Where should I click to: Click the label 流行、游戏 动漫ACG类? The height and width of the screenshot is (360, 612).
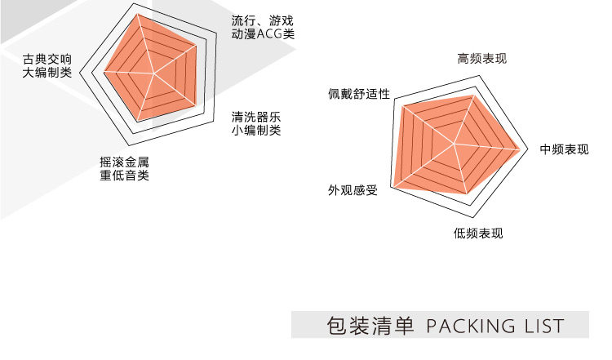[262, 28]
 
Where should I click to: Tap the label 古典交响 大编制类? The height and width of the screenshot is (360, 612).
[47, 66]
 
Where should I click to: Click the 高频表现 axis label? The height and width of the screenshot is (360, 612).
[481, 59]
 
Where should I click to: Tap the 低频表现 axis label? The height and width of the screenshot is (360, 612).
[478, 233]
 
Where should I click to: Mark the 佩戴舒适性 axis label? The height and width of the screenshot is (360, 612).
[359, 93]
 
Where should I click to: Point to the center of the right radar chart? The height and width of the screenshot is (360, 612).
[454, 144]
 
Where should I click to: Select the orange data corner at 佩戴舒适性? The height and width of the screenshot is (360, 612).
[400, 106]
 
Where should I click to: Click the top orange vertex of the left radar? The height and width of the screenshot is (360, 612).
[138, 14]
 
